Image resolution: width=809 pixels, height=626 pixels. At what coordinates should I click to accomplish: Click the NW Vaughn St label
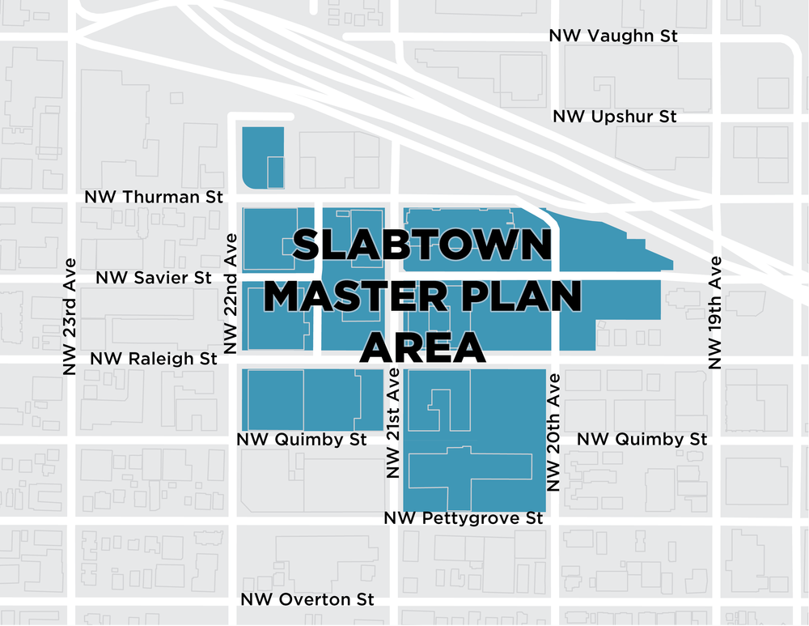(612, 36)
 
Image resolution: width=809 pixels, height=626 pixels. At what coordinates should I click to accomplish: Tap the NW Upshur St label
(614, 117)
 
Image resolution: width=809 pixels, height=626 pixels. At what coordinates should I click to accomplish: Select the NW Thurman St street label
(153, 197)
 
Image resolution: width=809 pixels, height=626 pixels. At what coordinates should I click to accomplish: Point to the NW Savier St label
(154, 278)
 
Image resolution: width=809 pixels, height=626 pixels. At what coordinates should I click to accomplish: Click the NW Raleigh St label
(154, 358)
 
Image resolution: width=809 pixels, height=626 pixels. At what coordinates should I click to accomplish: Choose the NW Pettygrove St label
(464, 517)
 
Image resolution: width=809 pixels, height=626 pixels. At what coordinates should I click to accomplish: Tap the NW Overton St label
(307, 599)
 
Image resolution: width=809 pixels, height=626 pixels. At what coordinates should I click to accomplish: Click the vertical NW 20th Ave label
(554, 433)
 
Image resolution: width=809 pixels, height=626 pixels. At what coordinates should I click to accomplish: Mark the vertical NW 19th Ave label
(715, 312)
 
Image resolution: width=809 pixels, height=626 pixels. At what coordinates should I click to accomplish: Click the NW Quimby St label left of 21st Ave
(302, 439)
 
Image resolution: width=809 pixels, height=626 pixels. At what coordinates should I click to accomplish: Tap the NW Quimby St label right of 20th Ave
(642, 439)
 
